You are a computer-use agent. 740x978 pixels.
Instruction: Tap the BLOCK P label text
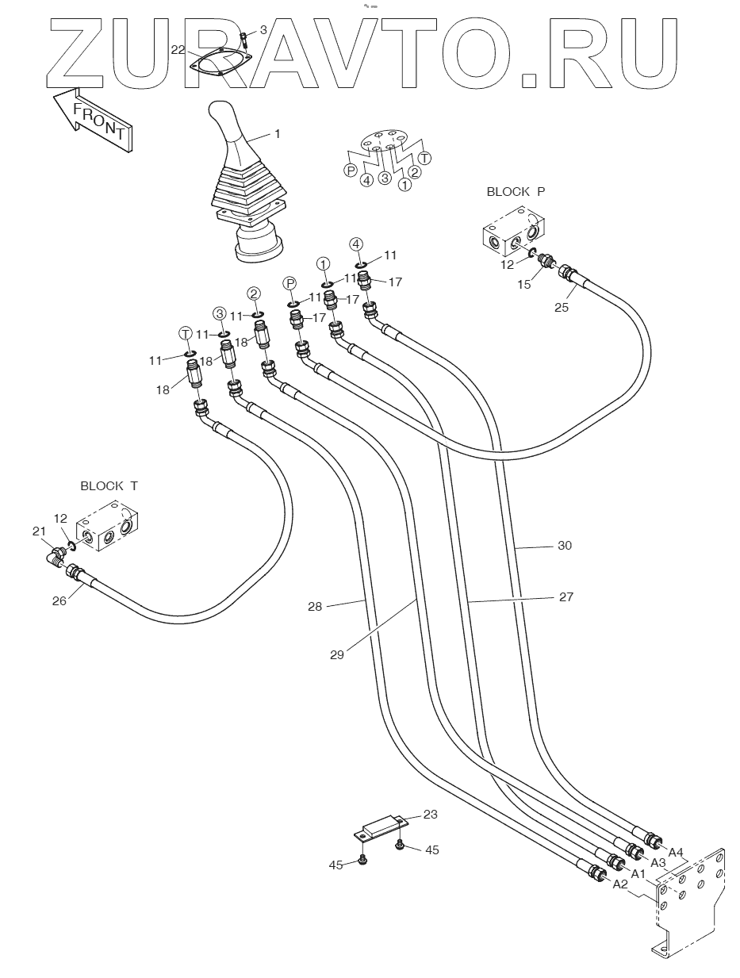pos(516,192)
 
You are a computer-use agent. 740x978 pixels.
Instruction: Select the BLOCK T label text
pos(109,486)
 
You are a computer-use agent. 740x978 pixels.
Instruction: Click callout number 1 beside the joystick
pos(277,134)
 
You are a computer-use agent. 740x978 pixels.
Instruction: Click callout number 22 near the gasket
pos(178,49)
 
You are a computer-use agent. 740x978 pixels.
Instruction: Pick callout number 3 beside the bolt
pos(263,30)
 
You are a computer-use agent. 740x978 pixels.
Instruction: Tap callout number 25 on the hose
pos(562,308)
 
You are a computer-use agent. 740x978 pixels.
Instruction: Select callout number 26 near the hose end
pos(59,601)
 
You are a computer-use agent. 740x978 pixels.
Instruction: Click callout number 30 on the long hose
pos(565,546)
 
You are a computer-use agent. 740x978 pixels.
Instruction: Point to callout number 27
pos(566,596)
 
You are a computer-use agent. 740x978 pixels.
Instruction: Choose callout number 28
pos(315,607)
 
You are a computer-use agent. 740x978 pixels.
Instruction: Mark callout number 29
pos(337,655)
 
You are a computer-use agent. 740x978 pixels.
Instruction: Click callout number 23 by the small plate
pos(430,815)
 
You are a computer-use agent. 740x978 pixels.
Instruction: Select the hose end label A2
pos(620,884)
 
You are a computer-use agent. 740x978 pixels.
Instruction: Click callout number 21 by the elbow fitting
pos(39,531)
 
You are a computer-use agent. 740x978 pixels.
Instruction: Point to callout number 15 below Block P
pos(524,284)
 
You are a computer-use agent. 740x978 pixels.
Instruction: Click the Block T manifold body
pos(107,525)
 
